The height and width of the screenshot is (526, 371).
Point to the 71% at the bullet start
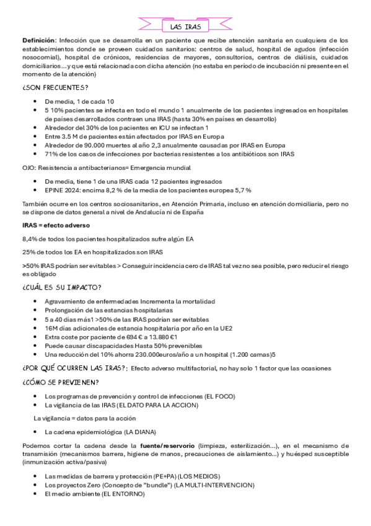(x=51, y=153)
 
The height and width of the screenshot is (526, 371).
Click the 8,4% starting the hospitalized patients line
(x=30, y=238)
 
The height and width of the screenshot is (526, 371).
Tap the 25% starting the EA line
(x=29, y=252)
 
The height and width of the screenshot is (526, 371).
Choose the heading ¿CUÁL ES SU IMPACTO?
(x=62, y=288)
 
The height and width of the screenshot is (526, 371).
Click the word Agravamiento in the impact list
(x=66, y=301)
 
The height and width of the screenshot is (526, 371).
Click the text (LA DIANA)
(x=139, y=431)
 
